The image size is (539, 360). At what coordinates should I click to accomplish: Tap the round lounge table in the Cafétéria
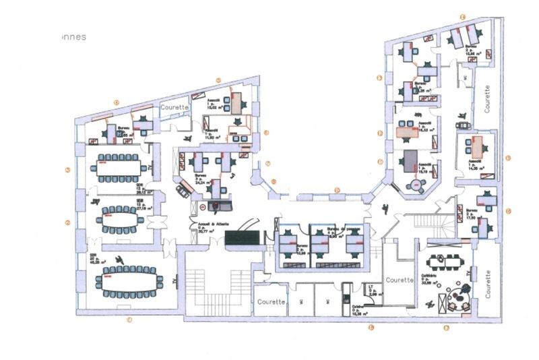[x=459, y=295]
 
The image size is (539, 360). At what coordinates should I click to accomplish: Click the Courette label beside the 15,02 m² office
[x=173, y=107]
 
